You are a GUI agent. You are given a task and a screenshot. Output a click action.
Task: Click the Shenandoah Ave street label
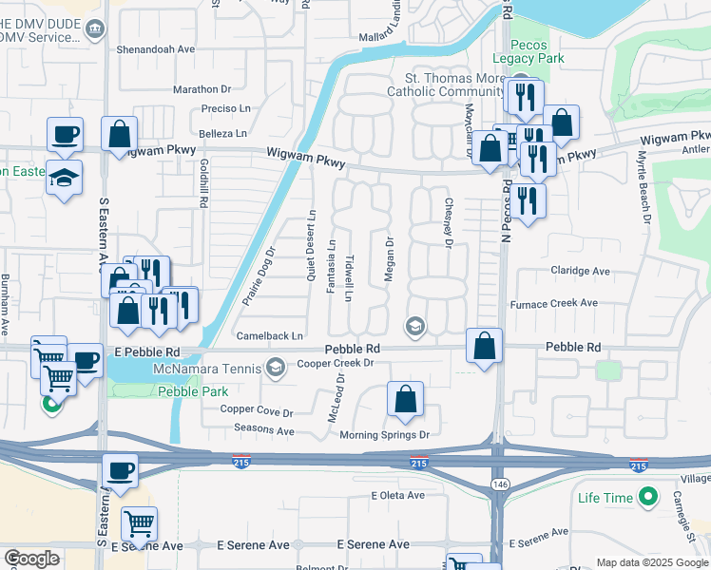(155, 48)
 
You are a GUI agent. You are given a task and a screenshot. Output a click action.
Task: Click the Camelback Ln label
(271, 336)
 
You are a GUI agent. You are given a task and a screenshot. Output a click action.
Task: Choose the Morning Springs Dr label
(386, 435)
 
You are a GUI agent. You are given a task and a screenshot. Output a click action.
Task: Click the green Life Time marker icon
(648, 497)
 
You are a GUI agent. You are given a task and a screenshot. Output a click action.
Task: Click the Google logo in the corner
(32, 559)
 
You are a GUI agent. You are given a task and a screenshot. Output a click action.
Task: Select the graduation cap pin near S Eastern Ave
(65, 179)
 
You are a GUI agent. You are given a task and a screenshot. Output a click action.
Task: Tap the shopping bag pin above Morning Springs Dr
(405, 400)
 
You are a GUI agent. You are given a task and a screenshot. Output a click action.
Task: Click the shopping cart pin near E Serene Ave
(139, 523)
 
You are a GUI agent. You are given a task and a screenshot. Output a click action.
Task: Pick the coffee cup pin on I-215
(121, 470)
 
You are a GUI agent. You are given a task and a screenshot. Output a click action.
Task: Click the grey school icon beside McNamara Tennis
(276, 367)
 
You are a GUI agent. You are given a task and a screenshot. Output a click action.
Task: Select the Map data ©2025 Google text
(651, 562)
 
